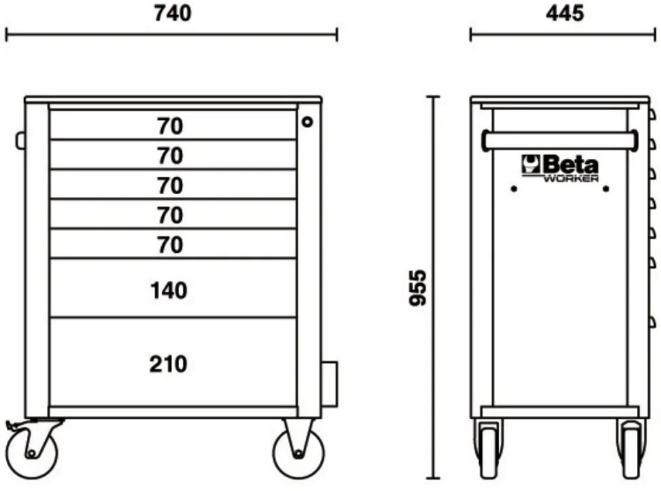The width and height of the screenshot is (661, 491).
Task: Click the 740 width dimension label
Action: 172,14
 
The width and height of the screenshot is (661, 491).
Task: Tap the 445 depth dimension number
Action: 565,14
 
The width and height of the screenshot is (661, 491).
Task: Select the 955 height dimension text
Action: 418,288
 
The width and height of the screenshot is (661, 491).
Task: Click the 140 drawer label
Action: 169,291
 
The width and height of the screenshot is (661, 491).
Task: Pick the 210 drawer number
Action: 168,364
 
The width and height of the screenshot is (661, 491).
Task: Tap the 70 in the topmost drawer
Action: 170,126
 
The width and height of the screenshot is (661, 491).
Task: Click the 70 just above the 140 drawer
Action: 170,245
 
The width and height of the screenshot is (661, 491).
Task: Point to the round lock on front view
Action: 307,122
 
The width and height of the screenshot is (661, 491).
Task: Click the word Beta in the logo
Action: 570,165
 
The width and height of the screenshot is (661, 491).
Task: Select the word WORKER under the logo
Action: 571,178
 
